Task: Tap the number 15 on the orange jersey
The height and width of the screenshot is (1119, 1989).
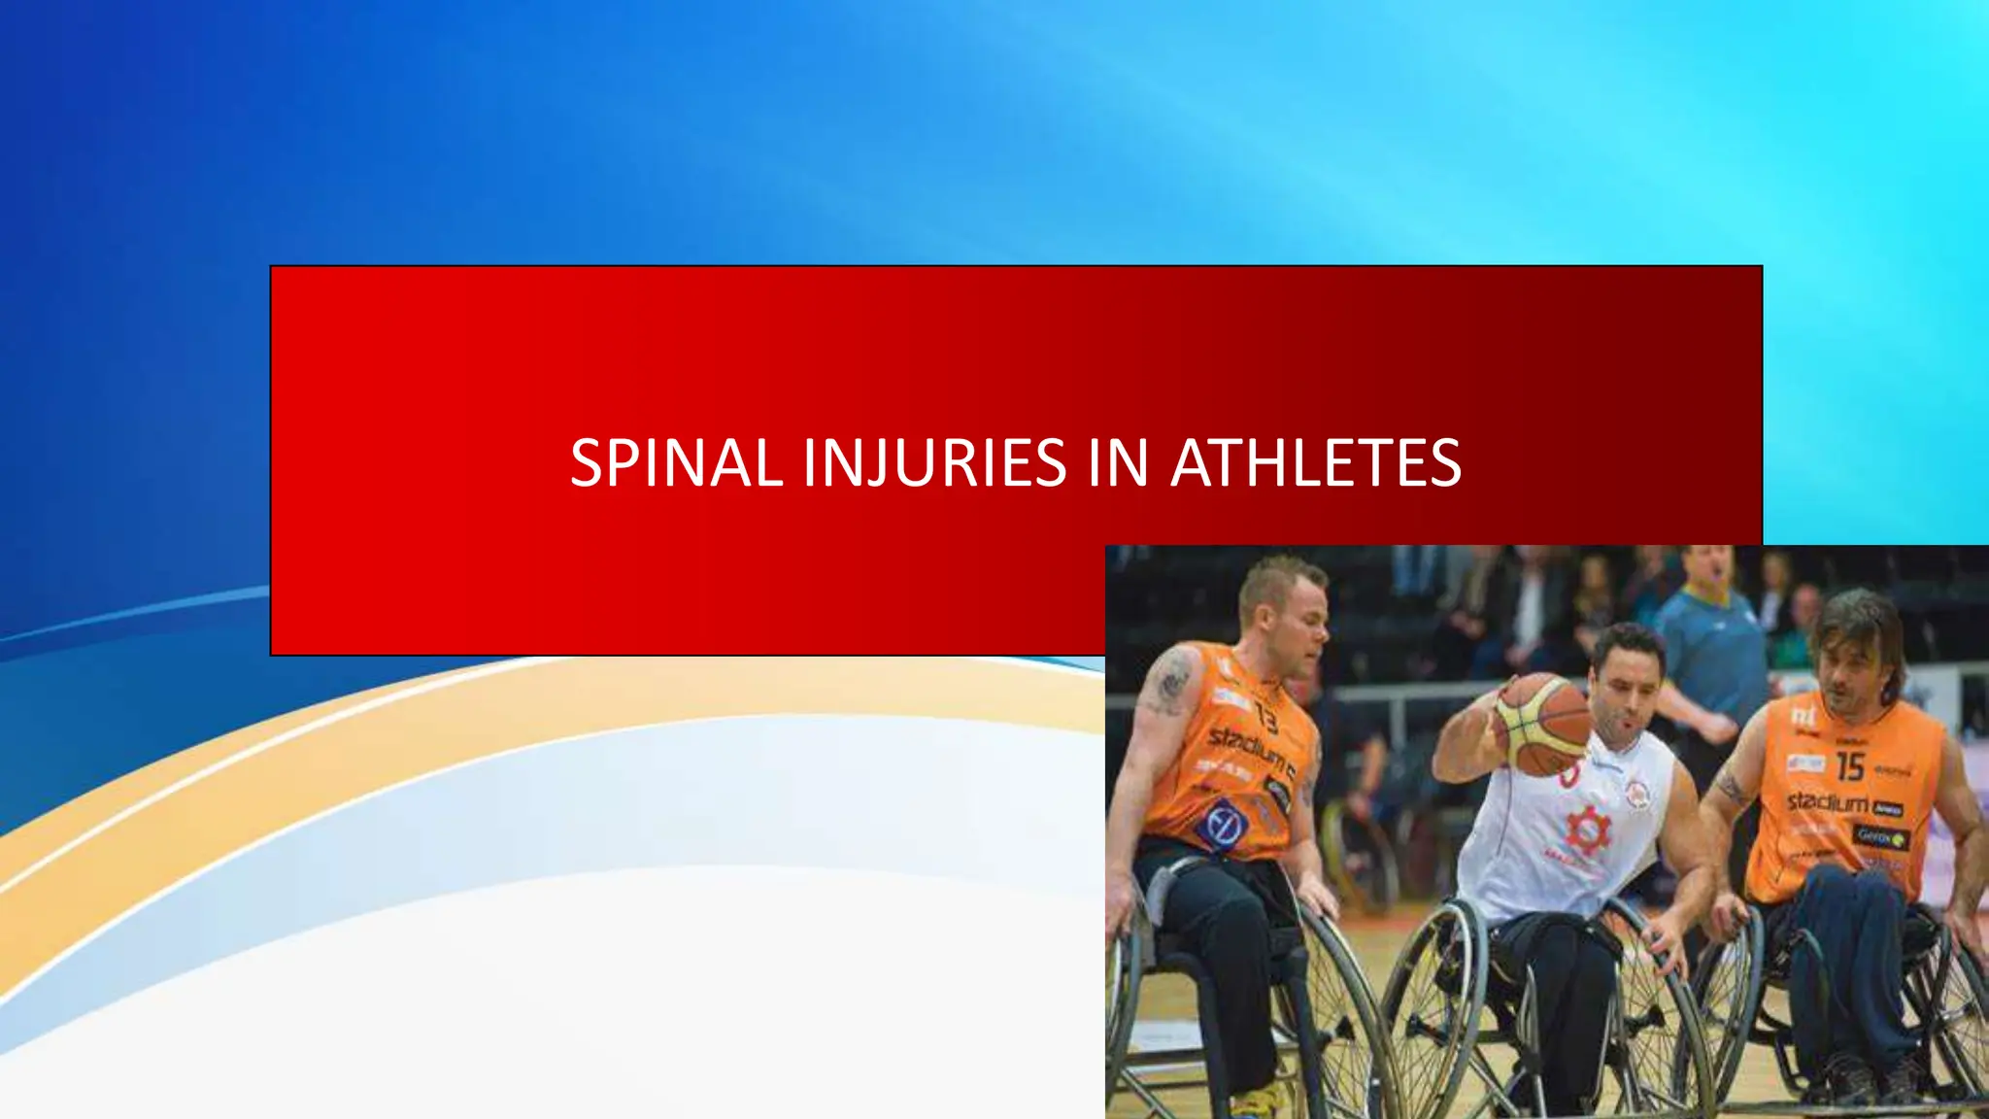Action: [x=1849, y=766]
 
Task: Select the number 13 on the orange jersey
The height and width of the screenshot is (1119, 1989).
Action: [x=1266, y=717]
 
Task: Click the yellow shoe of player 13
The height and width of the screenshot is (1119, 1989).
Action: [x=1258, y=1102]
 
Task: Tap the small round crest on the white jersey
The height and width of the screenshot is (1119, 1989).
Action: [x=1637, y=795]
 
